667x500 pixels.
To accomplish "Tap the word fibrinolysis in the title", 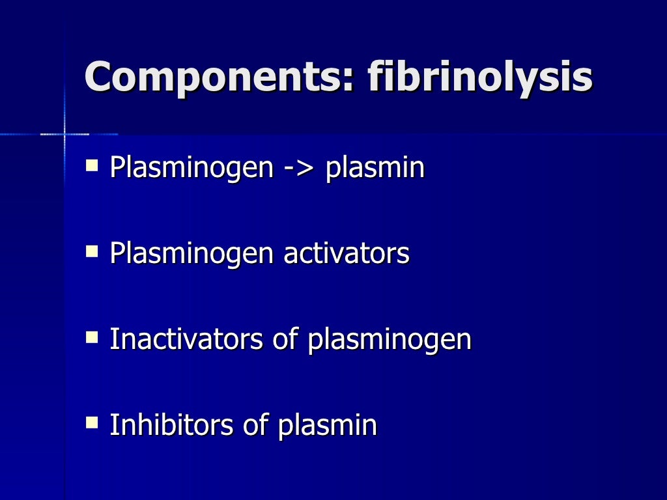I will [x=480, y=77].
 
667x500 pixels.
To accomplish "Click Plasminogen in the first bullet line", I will [x=191, y=169].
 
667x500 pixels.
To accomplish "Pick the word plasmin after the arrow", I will [x=375, y=169].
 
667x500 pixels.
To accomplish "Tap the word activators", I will [x=346, y=253].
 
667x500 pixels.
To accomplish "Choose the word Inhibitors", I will [x=171, y=425].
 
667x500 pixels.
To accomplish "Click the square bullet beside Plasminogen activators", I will [x=92, y=250].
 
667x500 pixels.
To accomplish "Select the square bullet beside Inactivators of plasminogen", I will [x=92, y=336].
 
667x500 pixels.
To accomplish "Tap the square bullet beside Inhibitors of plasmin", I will [x=92, y=422].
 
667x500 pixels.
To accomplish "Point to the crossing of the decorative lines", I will [x=64, y=134].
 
